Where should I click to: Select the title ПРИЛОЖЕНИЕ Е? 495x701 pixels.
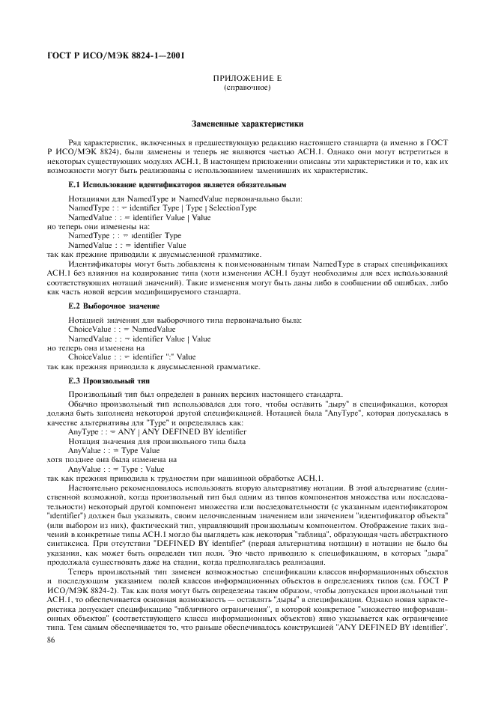246,78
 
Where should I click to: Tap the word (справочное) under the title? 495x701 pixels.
246,87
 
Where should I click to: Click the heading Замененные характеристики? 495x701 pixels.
246,123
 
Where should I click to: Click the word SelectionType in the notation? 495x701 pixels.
232,207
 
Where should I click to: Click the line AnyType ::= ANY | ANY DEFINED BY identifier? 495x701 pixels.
157,432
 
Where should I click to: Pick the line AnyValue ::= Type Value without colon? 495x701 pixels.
114,451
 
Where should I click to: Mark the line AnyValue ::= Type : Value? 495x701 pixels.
116,469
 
